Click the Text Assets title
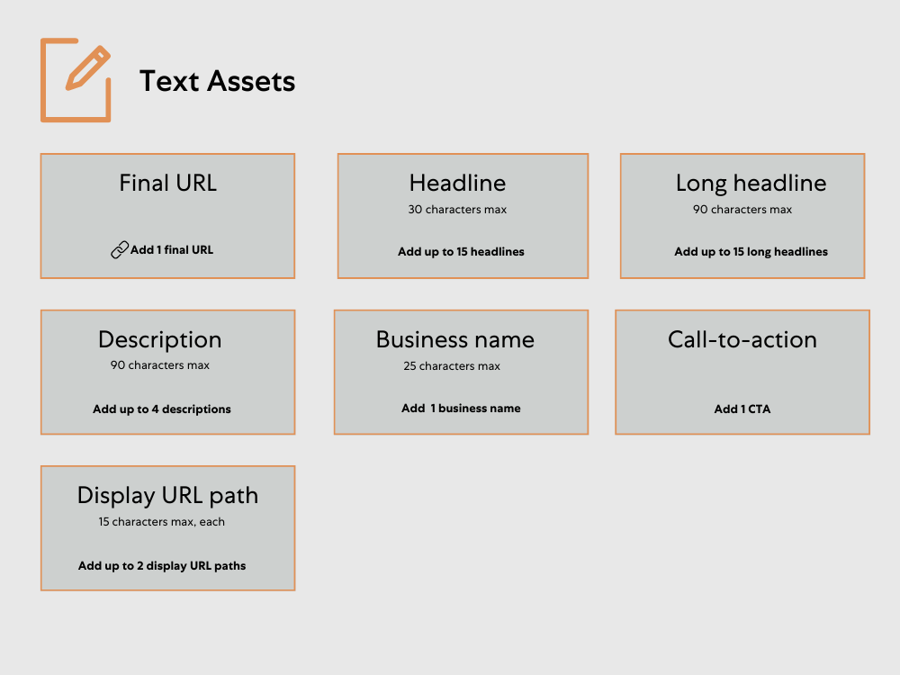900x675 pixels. point(217,81)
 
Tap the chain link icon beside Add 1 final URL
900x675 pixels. point(120,250)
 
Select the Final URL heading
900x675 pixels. point(167,183)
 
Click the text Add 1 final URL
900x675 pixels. point(172,250)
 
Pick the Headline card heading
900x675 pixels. point(457,183)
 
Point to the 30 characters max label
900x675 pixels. point(457,210)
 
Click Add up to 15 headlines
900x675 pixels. point(461,252)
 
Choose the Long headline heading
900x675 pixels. point(751,183)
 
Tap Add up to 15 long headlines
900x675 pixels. point(751,252)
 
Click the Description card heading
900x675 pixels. point(159,339)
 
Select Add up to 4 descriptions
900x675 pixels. point(162,409)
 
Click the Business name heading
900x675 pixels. point(454,339)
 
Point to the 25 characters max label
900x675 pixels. point(452,366)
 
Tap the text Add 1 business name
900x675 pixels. point(461,409)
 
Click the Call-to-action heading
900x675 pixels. point(742,339)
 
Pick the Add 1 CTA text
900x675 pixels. point(742,409)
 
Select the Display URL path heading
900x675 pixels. point(167,495)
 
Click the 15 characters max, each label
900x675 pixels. point(162,522)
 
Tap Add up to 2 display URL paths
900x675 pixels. point(162,566)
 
